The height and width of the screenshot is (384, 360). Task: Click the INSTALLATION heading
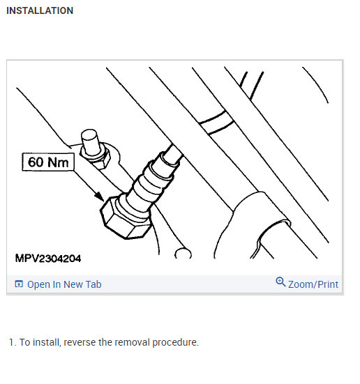39,11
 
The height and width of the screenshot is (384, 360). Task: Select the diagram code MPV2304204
48,259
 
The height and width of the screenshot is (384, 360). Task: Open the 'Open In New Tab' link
64,284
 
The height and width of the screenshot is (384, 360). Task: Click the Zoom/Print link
313,284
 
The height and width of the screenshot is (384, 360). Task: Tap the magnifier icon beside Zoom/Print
280,282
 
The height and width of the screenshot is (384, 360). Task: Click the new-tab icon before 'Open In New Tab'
19,284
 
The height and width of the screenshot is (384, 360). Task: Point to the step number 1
12,342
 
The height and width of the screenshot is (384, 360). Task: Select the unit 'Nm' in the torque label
60,163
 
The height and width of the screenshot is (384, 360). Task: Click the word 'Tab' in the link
93,284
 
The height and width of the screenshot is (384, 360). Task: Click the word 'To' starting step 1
24,342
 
